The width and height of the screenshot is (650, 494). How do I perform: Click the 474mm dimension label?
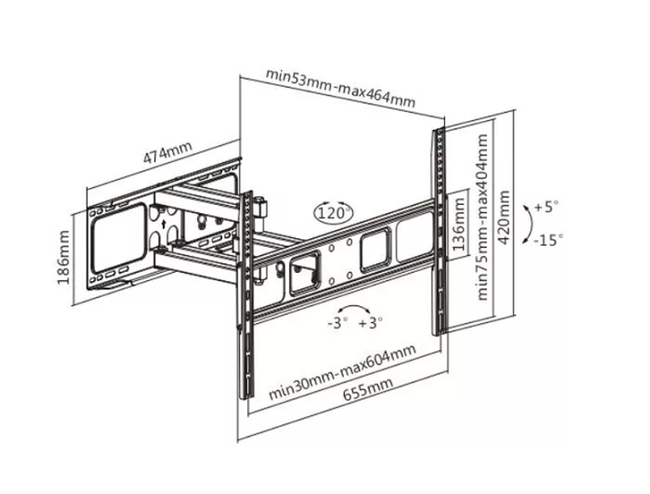(168, 152)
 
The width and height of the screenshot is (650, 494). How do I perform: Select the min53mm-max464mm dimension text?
(340, 88)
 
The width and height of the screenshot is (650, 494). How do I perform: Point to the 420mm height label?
(504, 217)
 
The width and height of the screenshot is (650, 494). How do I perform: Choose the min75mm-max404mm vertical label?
(482, 217)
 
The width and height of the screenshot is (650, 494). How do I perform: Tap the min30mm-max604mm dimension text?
(342, 372)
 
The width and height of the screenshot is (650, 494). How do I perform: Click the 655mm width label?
(367, 391)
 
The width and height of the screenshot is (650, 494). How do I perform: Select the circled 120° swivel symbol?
(333, 213)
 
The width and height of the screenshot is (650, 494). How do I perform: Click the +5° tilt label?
(546, 206)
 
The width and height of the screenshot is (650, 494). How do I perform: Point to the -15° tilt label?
(548, 240)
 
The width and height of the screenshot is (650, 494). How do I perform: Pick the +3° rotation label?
(370, 322)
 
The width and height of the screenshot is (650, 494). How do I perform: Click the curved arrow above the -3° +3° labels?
(354, 307)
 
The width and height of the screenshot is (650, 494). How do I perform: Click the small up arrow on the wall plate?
(164, 225)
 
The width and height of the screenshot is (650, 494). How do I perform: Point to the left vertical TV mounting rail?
(246, 295)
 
